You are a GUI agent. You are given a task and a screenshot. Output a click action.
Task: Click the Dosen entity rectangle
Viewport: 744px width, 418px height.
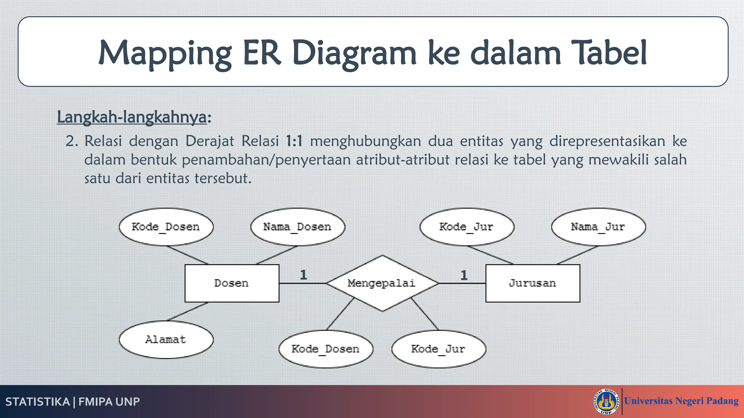click(232, 283)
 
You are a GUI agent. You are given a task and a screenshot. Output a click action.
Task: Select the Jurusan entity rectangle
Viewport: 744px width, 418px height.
click(533, 283)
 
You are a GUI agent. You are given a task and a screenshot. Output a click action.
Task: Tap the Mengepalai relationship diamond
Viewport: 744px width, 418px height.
click(382, 283)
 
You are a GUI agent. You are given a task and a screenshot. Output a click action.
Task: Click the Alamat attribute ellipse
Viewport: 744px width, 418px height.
click(166, 340)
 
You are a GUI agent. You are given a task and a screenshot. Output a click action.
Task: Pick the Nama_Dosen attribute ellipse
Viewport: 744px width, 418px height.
click(298, 227)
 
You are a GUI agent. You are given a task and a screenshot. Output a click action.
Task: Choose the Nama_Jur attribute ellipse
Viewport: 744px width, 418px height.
click(598, 227)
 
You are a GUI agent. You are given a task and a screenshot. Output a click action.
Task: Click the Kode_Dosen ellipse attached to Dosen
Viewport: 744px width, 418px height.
click(166, 227)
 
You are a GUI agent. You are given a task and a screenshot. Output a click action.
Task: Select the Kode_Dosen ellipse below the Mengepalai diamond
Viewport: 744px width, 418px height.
click(326, 349)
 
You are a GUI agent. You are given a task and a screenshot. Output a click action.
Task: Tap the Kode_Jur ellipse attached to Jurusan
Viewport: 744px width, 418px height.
click(467, 227)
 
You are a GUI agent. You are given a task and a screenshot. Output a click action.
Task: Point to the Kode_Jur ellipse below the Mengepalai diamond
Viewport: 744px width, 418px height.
click(438, 349)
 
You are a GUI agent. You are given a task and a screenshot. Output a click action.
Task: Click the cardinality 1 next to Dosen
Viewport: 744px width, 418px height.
click(303, 275)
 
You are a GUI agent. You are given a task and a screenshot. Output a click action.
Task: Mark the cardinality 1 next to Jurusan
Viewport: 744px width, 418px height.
click(464, 275)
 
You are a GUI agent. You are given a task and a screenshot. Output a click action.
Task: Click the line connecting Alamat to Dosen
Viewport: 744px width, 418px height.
click(187, 312)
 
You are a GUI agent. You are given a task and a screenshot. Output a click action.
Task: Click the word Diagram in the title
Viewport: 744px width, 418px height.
click(354, 53)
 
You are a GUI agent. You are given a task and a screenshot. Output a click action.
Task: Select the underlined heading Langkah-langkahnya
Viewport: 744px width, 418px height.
click(132, 117)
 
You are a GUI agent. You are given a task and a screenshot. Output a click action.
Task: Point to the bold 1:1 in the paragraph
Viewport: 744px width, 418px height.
click(294, 141)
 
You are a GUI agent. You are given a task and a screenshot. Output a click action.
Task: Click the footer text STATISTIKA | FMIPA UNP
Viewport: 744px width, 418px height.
click(73, 402)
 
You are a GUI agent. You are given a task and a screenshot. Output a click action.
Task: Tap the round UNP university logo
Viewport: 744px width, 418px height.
click(606, 401)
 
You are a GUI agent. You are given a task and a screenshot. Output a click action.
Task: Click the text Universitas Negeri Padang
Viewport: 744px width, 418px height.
click(681, 401)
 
